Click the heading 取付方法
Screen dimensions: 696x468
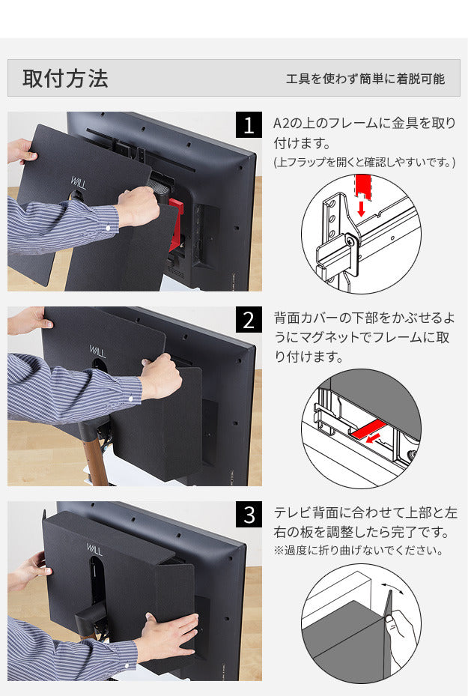point(65,79)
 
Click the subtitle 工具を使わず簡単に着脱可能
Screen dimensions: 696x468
point(365,79)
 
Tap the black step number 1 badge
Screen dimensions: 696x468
point(249,125)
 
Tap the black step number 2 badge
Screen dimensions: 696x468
point(249,320)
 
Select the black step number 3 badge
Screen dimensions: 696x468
point(249,515)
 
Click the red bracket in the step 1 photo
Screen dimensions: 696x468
point(176,225)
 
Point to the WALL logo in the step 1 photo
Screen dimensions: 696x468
point(79,183)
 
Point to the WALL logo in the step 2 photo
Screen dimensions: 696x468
point(99,351)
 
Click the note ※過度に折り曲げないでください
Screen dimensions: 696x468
point(358,551)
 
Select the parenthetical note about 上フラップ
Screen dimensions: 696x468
point(364,162)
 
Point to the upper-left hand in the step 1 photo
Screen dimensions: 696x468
point(20,152)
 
